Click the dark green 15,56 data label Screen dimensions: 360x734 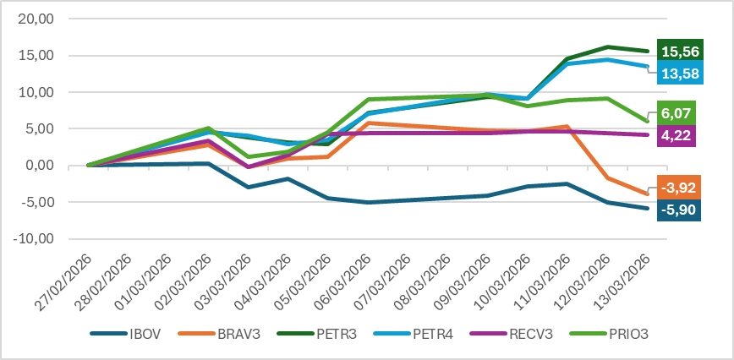click(x=672, y=50)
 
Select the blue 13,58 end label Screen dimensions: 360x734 click(x=672, y=73)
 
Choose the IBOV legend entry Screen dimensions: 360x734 click(x=126, y=333)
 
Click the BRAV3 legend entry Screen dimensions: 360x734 click(x=215, y=333)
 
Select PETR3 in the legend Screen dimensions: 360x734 click(x=307, y=333)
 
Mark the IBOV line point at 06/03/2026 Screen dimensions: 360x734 click(x=368, y=203)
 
